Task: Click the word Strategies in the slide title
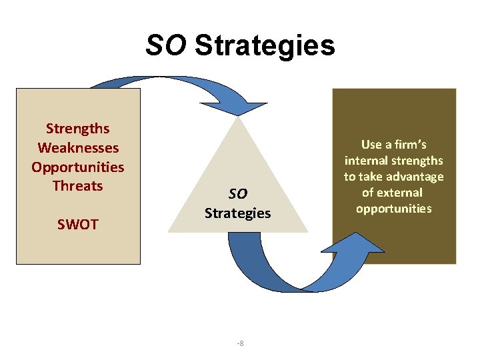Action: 265,45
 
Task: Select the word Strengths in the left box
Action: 77,128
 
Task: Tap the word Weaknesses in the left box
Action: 78,147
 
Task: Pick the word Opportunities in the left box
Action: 77,167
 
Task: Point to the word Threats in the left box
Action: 78,185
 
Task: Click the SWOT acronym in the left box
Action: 77,225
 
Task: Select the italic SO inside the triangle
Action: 238,194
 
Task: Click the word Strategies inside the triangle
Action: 238,213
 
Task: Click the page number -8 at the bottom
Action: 240,343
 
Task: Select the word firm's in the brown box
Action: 413,144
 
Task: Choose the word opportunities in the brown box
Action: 393,209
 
